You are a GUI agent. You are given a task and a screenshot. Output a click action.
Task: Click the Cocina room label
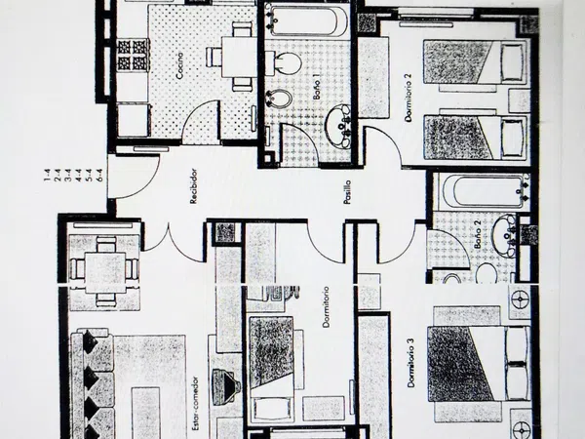(181, 65)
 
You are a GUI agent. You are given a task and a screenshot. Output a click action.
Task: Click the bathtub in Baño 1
(300, 20)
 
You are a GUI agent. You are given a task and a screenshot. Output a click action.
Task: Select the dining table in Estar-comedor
(102, 265)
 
